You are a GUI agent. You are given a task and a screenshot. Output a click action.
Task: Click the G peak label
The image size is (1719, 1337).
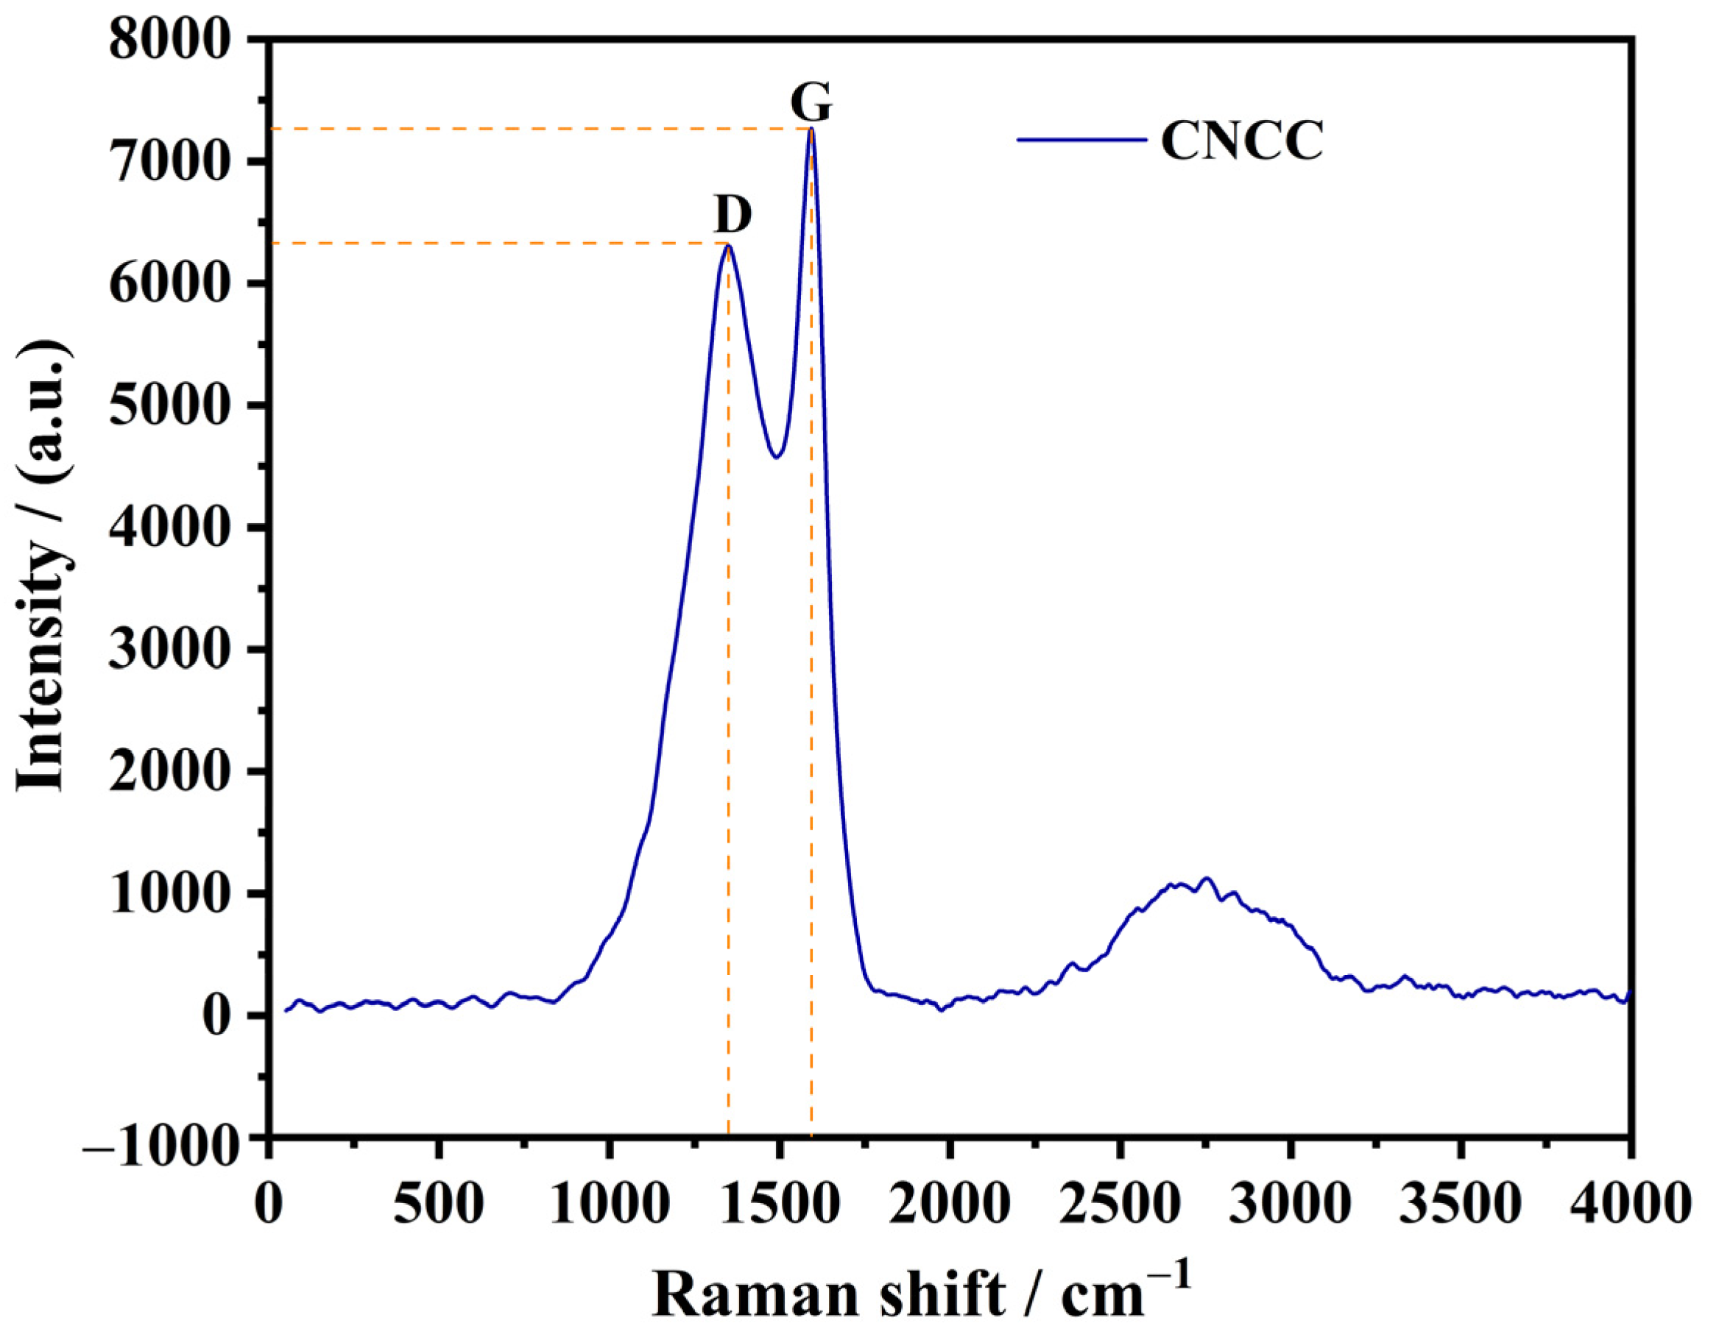coord(811,103)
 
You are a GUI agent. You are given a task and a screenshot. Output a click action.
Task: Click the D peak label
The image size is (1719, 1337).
coord(733,214)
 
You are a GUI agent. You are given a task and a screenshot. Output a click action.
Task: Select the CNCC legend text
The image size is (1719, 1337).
coord(1242,142)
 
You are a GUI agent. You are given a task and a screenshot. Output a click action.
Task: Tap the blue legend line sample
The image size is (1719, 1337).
coord(1081,140)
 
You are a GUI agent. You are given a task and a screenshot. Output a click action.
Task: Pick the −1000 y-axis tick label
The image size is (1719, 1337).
coord(161,1138)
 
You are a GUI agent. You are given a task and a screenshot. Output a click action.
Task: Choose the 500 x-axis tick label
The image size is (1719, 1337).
coord(439,1205)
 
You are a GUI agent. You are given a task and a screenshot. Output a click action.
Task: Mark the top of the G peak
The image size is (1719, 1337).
coord(811,129)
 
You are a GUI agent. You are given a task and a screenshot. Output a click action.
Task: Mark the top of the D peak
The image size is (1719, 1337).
coord(729,247)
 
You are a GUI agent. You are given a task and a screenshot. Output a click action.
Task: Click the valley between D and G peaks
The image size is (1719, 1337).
coord(777,456)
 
